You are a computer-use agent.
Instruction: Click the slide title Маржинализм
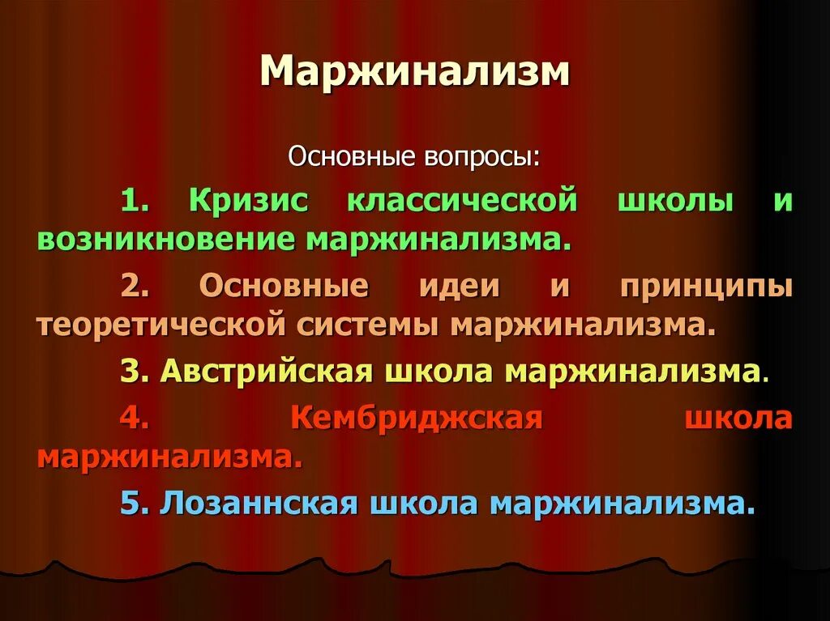(x=415, y=73)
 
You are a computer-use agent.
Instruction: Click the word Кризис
(x=249, y=201)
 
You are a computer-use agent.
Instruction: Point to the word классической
(x=462, y=201)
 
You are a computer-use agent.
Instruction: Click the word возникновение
(x=165, y=240)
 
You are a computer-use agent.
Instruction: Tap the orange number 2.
(x=133, y=286)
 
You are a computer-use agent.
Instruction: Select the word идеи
(x=459, y=286)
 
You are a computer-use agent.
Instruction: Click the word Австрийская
(x=267, y=371)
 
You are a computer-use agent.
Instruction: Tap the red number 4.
(x=133, y=418)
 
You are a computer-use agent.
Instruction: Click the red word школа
(x=738, y=418)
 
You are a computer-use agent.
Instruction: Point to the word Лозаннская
(x=259, y=503)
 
